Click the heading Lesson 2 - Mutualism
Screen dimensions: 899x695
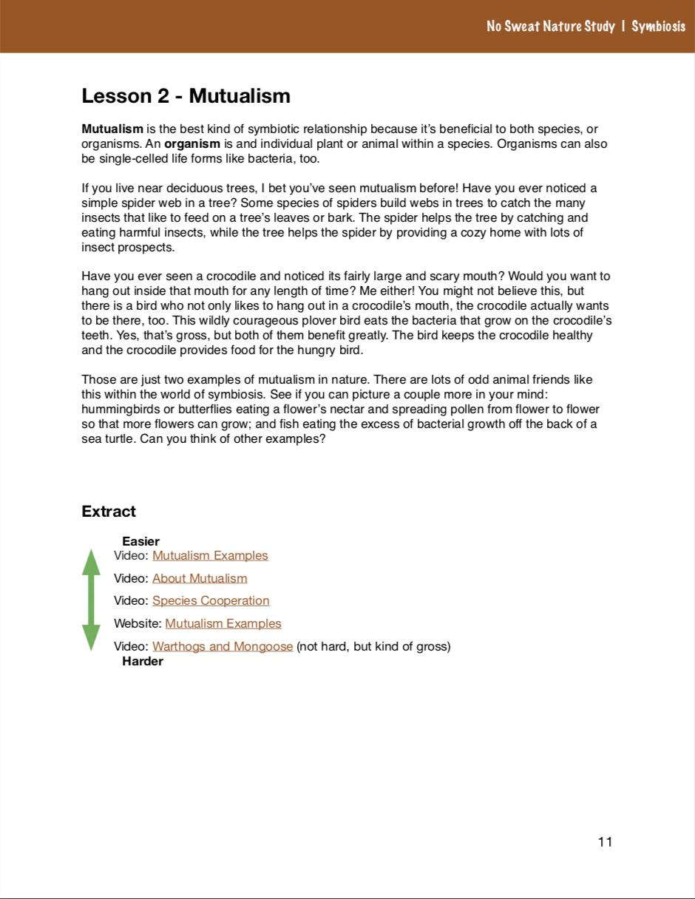[x=186, y=96]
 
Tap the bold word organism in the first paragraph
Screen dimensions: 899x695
[x=192, y=144]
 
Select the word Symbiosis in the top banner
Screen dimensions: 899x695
[x=658, y=27]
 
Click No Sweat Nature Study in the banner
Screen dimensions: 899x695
[x=551, y=27]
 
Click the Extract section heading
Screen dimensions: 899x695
[x=109, y=512]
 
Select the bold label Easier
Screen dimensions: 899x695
[x=140, y=542]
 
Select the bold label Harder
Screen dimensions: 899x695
[x=142, y=661]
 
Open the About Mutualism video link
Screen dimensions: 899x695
[x=200, y=578]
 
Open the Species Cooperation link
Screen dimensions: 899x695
[x=211, y=600]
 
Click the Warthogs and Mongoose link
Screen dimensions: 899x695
[x=223, y=647]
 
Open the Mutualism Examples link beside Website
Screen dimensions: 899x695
[x=223, y=623]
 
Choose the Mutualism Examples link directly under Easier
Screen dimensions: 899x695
[x=210, y=555]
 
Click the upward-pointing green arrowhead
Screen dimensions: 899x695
[x=91, y=562]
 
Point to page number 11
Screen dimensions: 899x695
[x=605, y=842]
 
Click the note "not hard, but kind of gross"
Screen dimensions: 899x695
[x=373, y=647]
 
